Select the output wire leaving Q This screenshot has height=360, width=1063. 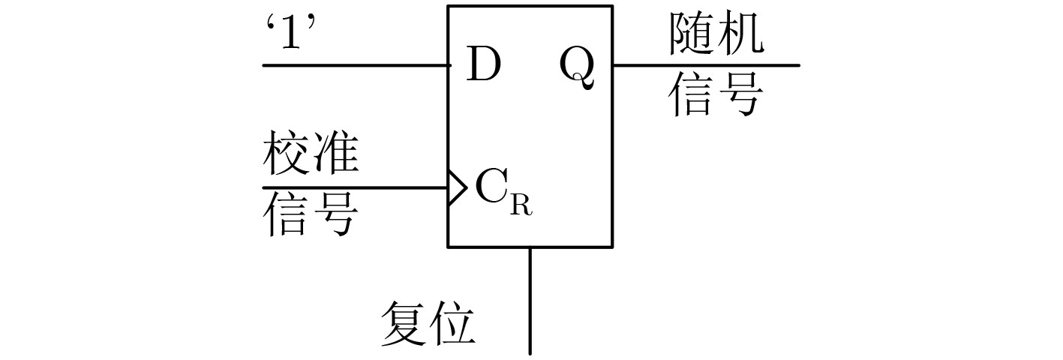(x=705, y=65)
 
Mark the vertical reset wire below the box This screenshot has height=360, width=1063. (x=530, y=300)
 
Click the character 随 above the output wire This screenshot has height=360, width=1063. (x=692, y=34)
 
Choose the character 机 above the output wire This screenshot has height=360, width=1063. (x=740, y=34)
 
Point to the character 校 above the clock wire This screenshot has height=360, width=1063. (x=286, y=157)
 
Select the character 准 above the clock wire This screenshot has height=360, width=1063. (x=334, y=157)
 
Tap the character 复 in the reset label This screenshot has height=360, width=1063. (x=405, y=323)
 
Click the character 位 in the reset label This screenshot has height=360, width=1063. (x=452, y=323)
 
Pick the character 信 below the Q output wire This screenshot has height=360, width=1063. (x=692, y=96)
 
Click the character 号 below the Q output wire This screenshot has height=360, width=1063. (x=740, y=96)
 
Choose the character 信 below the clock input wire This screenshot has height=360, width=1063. (x=286, y=215)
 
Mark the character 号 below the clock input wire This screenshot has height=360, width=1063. (x=334, y=215)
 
